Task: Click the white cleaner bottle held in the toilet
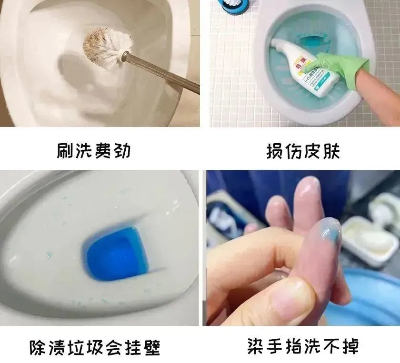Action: (305, 67)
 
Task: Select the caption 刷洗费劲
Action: (94, 151)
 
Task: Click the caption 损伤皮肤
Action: (303, 151)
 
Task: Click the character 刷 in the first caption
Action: (65, 151)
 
